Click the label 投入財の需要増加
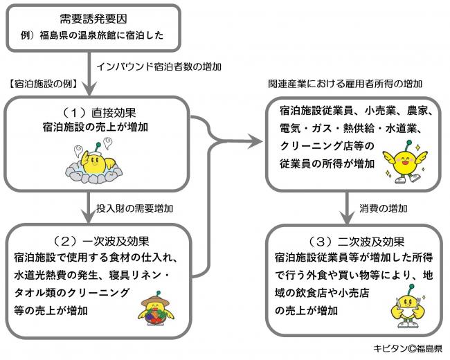coord(134,208)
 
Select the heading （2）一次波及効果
coord(96,242)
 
